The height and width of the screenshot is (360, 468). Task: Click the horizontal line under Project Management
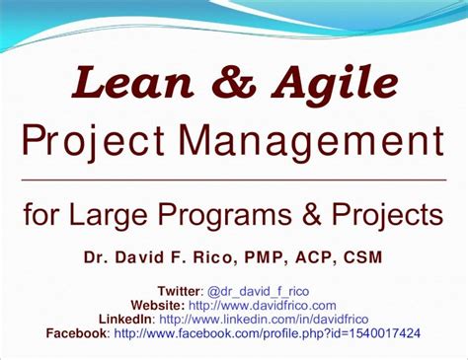233,180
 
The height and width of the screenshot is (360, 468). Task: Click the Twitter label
178,292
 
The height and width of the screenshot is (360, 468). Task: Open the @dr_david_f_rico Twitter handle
260,293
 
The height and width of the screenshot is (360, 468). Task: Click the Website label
158,306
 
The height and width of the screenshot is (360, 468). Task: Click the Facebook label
78,333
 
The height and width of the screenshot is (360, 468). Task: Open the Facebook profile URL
268,333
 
